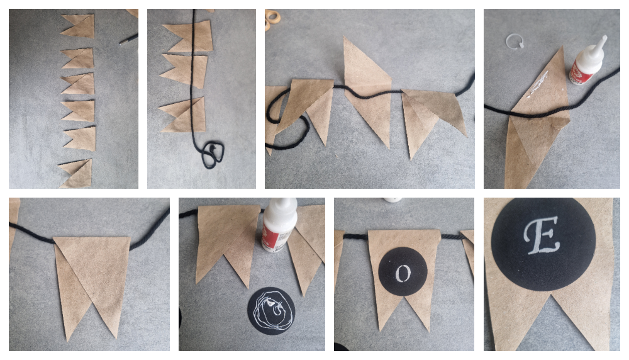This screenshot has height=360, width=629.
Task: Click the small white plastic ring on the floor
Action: (x=515, y=43)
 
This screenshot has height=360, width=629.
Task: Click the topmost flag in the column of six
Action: (x=79, y=25)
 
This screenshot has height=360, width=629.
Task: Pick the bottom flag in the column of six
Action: (x=77, y=173)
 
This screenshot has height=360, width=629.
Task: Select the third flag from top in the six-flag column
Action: (x=79, y=84)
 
